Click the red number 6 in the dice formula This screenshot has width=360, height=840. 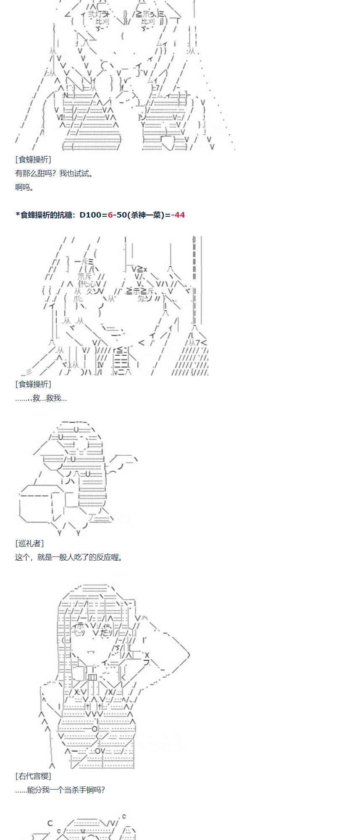coord(110,215)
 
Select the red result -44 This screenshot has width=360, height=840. coord(178,215)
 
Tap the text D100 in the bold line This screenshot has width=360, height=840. coord(90,215)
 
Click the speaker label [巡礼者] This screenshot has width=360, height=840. coord(29,543)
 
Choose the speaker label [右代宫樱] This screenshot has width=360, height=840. coord(33,776)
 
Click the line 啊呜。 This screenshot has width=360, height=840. coord(24,187)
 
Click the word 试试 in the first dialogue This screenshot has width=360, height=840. coord(82,173)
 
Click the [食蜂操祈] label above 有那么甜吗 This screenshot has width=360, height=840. coord(33,160)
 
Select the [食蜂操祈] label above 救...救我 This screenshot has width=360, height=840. coord(33,384)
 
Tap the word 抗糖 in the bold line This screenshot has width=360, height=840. coord(65,215)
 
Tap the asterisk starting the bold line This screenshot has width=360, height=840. coord(18,215)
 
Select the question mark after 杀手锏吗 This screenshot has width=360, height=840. coord(102,790)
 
